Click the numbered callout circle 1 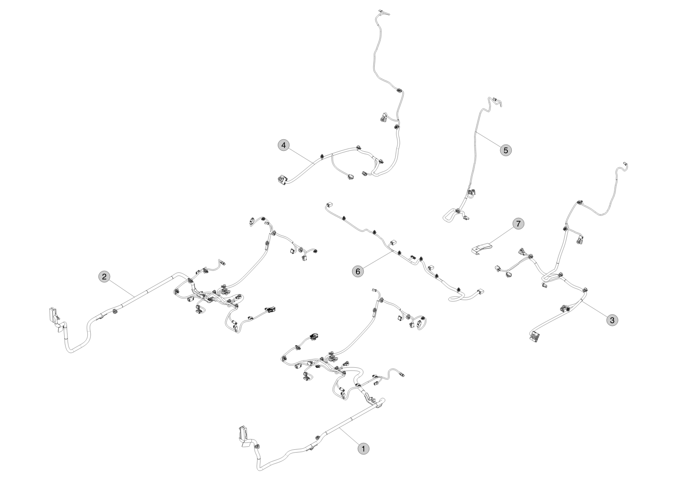tap(363, 448)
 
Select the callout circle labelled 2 tap(105, 277)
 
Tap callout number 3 tap(612, 320)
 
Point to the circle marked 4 tap(284, 145)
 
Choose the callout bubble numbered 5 tap(506, 150)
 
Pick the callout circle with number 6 tap(358, 271)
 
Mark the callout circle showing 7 tap(518, 224)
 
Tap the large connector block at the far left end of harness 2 tap(53, 314)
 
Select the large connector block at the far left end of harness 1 tap(244, 432)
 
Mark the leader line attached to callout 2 tap(122, 288)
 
